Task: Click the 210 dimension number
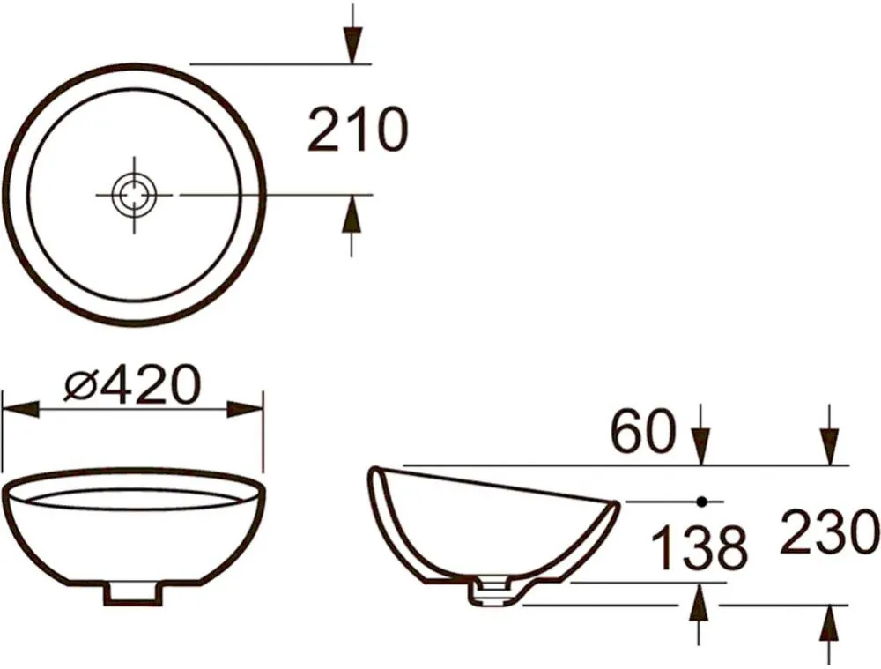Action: tap(358, 130)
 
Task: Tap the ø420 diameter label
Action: tap(132, 385)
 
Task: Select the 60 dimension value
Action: tap(643, 431)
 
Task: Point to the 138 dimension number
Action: tap(700, 547)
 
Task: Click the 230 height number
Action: tap(829, 531)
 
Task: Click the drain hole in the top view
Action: tap(134, 195)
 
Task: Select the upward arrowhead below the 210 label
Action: tap(352, 213)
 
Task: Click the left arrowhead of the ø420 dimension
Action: tap(21, 409)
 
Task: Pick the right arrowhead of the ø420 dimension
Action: tap(245, 409)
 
